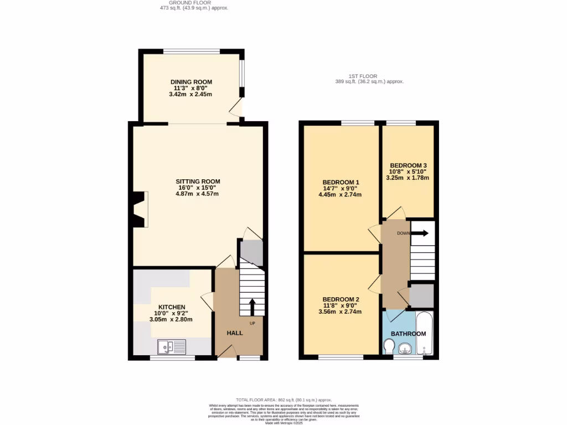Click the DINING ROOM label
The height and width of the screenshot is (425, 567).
coord(191,82)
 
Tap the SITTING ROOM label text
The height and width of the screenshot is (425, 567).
coord(198,182)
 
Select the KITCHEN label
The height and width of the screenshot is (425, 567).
coord(172,307)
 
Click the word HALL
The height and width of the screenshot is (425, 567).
coord(235,333)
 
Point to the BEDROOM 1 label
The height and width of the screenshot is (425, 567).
coord(341,183)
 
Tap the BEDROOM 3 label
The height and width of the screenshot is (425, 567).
coord(408,165)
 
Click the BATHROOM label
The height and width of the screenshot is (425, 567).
coord(408,334)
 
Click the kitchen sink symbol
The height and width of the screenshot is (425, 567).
coord(172,347)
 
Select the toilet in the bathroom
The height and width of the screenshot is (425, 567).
coord(389,347)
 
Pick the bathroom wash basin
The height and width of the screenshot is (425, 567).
coord(405,348)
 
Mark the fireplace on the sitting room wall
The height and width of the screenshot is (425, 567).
coord(140,209)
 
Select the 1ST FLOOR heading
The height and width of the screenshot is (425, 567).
coord(363,76)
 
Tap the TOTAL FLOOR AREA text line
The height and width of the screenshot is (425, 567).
coord(283,400)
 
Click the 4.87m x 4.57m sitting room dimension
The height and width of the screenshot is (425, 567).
coord(198,194)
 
